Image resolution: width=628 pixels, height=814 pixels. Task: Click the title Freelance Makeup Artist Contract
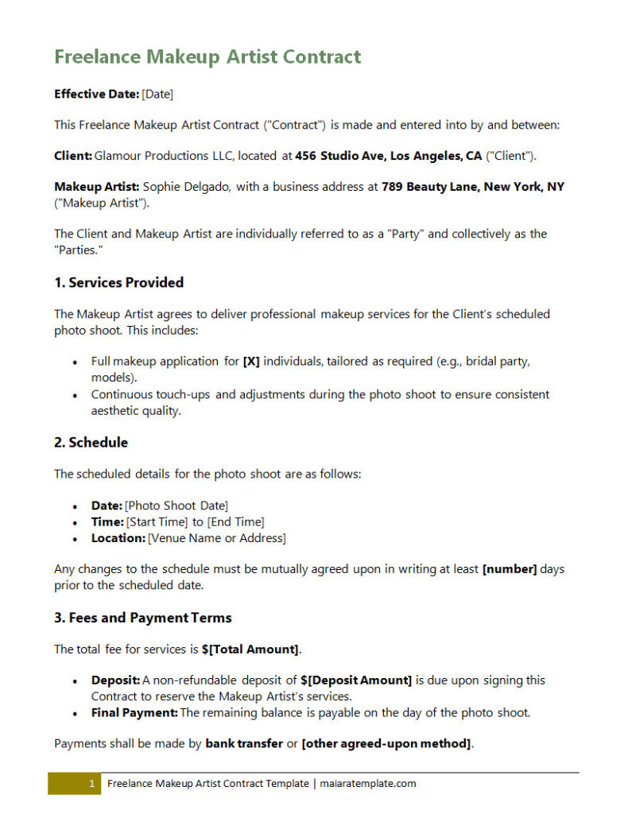point(207,56)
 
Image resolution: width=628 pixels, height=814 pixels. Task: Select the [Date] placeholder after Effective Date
point(157,94)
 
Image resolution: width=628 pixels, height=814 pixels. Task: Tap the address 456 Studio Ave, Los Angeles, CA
point(389,156)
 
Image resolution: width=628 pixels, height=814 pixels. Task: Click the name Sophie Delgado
point(187,187)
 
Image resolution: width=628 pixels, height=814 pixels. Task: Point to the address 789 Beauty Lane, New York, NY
point(473,187)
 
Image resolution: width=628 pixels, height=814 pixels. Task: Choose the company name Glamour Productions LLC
point(164,156)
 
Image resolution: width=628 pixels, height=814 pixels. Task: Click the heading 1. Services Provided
point(118,282)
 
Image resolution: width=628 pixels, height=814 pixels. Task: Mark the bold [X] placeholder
point(251,361)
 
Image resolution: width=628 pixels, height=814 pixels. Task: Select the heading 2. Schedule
point(91,442)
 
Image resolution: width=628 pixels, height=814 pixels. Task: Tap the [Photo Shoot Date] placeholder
point(176,506)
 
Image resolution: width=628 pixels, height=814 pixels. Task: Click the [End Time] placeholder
point(236,521)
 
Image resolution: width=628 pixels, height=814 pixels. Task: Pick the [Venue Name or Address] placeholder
point(216,538)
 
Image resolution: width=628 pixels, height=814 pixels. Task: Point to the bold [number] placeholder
point(510,569)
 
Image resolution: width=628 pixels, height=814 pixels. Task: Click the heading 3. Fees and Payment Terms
point(143,618)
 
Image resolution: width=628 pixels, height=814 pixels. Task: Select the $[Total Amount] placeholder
point(250,649)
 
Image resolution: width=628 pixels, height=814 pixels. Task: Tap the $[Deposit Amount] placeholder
point(356,680)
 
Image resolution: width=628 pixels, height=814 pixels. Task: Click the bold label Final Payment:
point(134,712)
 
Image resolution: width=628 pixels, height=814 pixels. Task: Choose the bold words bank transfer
point(244,744)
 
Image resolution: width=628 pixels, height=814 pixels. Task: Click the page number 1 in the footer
point(91,784)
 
